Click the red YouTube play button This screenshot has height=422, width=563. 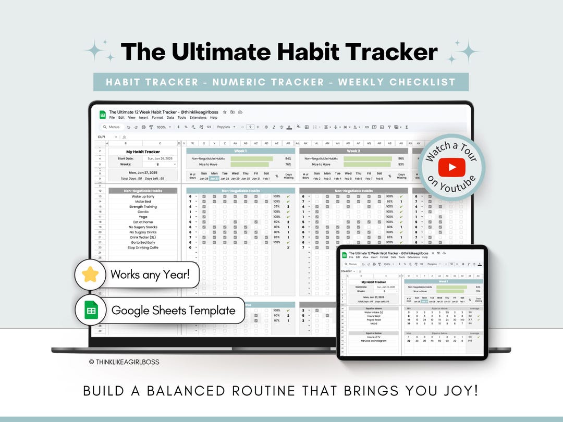pyautogui.click(x=451, y=167)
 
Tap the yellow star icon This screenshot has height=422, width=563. pyautogui.click(x=91, y=274)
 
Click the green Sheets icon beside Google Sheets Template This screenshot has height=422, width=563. pyautogui.click(x=91, y=311)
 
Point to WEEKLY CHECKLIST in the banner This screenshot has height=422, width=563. pyautogui.click(x=397, y=82)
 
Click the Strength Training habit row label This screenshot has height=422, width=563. pyautogui.click(x=143, y=207)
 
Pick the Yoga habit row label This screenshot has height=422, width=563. pyautogui.click(x=143, y=217)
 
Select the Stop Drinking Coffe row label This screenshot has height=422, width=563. pyautogui.click(x=143, y=247)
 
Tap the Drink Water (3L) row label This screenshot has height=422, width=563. pyautogui.click(x=143, y=237)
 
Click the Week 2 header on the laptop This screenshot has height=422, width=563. pyautogui.click(x=353, y=151)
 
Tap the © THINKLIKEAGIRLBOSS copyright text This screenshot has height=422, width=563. pyautogui.click(x=124, y=362)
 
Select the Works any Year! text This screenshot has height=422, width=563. pyautogui.click(x=154, y=274)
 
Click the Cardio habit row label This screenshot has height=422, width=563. pyautogui.click(x=143, y=212)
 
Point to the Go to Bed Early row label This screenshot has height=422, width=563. pyautogui.click(x=143, y=242)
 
